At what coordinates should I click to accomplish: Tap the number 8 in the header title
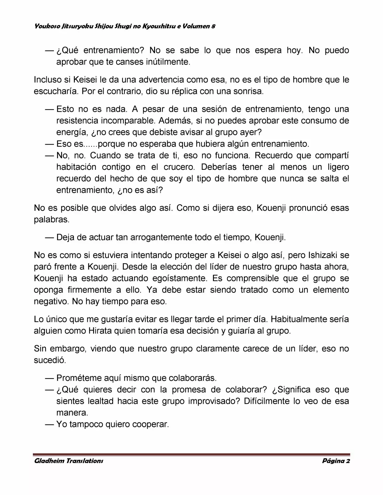(x=213, y=26)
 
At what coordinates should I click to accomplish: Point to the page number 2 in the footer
(x=348, y=461)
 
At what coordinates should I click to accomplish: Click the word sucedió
(x=49, y=360)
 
